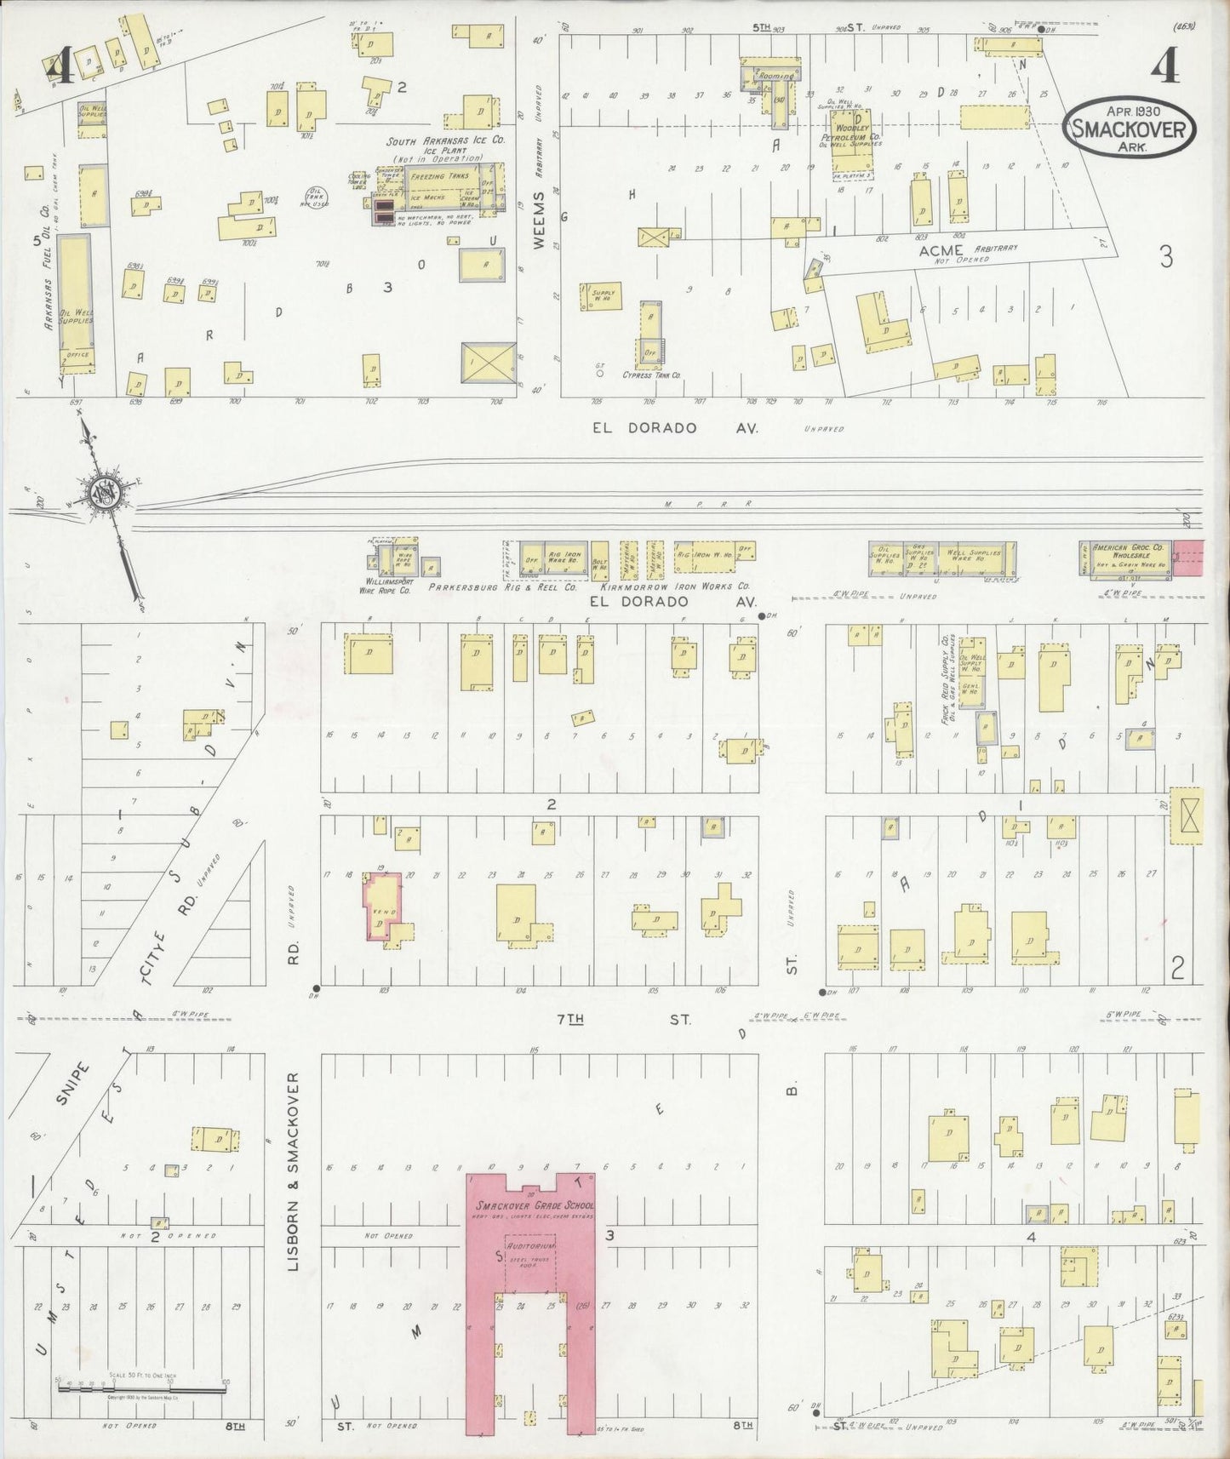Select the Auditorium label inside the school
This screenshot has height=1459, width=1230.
coord(530,1245)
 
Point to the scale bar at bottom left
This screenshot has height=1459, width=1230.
coord(141,1388)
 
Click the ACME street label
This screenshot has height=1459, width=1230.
coord(941,250)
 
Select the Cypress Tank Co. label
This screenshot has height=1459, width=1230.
coord(651,375)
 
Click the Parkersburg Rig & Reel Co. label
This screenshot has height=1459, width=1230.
coord(502,586)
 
